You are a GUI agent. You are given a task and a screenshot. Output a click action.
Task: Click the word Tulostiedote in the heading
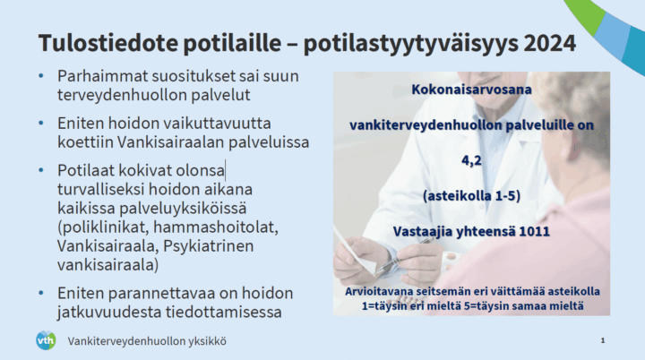pyautogui.click(x=108, y=43)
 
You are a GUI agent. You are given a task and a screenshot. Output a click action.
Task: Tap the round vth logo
pyautogui.click(x=46, y=340)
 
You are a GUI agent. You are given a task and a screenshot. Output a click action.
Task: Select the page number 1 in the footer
pyautogui.click(x=603, y=340)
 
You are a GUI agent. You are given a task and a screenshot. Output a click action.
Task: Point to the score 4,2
pyautogui.click(x=471, y=160)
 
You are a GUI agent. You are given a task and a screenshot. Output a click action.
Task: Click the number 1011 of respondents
pyautogui.click(x=534, y=231)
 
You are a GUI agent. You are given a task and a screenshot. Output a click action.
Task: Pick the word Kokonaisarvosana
pyautogui.click(x=471, y=90)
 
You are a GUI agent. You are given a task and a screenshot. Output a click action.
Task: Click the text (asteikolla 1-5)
pyautogui.click(x=471, y=196)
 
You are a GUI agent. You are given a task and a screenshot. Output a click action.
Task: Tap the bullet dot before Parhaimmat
pyautogui.click(x=40, y=76)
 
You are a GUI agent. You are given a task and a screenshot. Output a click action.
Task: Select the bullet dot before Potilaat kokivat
pyautogui.click(x=40, y=170)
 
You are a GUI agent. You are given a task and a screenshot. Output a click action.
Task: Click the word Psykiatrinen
pyautogui.click(x=208, y=246)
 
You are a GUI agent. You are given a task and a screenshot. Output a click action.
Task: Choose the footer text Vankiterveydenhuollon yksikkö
pyautogui.click(x=147, y=341)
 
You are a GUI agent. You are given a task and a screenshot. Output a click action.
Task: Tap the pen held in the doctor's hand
pyautogui.click(x=402, y=256)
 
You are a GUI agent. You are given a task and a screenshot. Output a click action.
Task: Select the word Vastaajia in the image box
pyautogui.click(x=418, y=232)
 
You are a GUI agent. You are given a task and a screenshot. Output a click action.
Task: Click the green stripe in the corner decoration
pyautogui.click(x=585, y=13)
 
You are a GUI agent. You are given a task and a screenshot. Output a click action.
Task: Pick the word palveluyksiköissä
pyautogui.click(x=183, y=208)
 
